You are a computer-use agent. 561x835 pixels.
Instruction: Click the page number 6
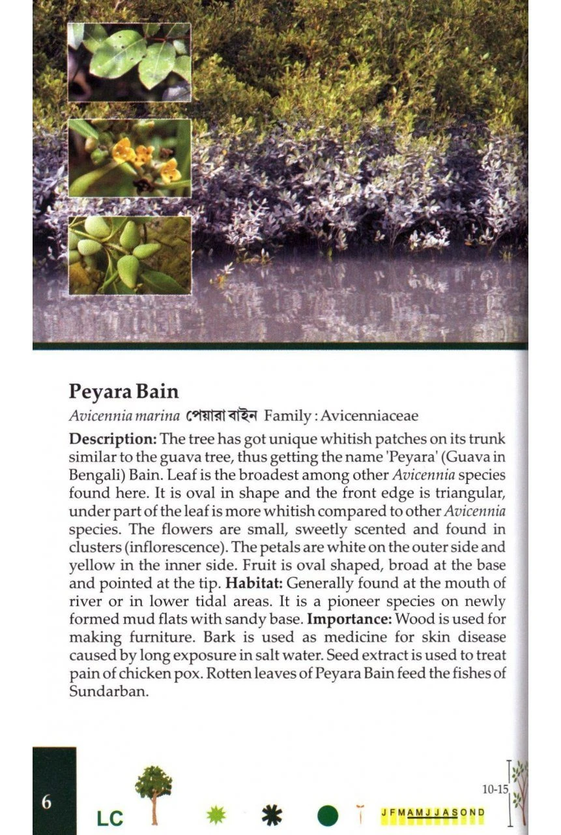tap(46, 802)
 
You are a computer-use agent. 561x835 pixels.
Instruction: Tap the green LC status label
tap(109, 818)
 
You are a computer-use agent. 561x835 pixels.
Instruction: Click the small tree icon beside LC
tap(154, 793)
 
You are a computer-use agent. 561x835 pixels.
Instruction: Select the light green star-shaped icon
tap(216, 814)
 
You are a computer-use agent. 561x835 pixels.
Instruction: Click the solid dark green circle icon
tap(328, 815)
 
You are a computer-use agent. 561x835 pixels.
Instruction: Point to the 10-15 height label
tap(495, 789)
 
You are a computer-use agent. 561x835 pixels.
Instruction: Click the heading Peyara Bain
tap(124, 391)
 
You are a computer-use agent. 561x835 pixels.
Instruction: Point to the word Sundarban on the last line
tap(109, 692)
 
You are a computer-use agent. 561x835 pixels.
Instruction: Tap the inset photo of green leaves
tap(130, 62)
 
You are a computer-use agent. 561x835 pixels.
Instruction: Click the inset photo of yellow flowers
tap(130, 158)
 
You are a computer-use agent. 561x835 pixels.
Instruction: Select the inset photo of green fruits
tap(130, 255)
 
